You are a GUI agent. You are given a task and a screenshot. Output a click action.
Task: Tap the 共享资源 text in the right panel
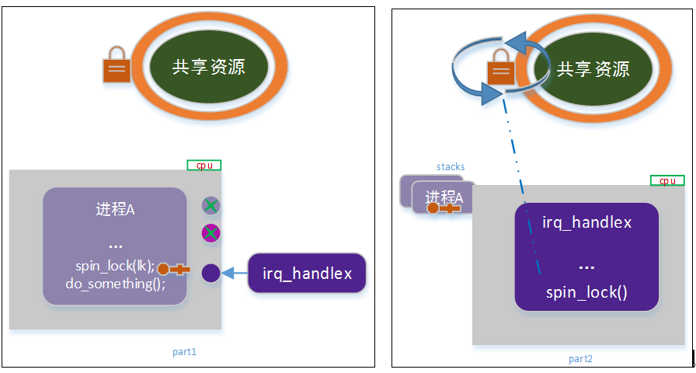coord(593,69)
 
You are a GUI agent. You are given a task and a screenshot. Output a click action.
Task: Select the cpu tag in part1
coord(204,166)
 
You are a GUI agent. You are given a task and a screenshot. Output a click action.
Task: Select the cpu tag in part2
coord(667,180)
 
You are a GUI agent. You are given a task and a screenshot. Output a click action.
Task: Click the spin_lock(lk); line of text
coord(115,267)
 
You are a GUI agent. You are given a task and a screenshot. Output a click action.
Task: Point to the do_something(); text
coord(116,284)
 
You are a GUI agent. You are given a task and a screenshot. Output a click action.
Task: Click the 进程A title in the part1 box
coord(115,209)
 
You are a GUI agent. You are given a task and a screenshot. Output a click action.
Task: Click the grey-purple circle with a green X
coord(211,206)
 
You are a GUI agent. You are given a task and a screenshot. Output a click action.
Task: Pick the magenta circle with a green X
coord(211,233)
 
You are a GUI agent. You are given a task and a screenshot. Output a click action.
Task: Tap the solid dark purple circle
coord(211,273)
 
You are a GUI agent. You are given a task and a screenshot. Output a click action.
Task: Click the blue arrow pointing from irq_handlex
coord(235,273)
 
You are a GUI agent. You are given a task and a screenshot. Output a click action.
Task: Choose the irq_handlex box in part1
coord(307,273)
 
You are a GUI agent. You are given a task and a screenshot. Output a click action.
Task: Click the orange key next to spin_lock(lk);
coord(173,269)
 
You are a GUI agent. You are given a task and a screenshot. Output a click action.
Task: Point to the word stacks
coord(451,167)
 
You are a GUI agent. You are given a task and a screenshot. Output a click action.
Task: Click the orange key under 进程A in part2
coord(443,207)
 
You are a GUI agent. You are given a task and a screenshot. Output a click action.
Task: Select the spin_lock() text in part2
coord(586,293)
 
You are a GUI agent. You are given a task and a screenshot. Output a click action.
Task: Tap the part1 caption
coord(184,352)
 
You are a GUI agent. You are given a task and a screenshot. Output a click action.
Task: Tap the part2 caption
coord(580,359)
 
